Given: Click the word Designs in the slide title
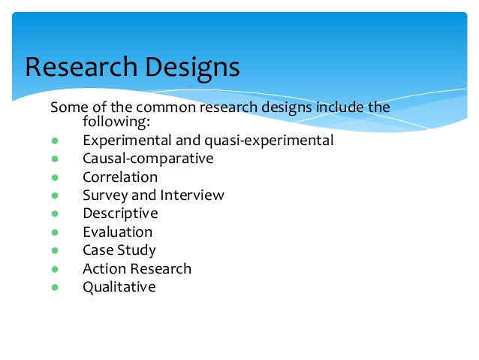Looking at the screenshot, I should tap(192, 67).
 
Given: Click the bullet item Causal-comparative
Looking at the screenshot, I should tap(148, 159).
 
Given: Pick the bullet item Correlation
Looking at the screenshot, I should tap(120, 177).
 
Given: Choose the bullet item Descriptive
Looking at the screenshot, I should tap(120, 213).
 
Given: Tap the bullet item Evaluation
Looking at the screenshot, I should tap(117, 232).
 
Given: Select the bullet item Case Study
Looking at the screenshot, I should tap(119, 250).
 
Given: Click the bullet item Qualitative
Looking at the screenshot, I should tap(119, 287).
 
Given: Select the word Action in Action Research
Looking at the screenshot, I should tap(104, 268).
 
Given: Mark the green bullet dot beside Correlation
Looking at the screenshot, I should tap(55, 178).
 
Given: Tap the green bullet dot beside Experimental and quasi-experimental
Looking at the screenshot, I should tap(55, 141).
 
